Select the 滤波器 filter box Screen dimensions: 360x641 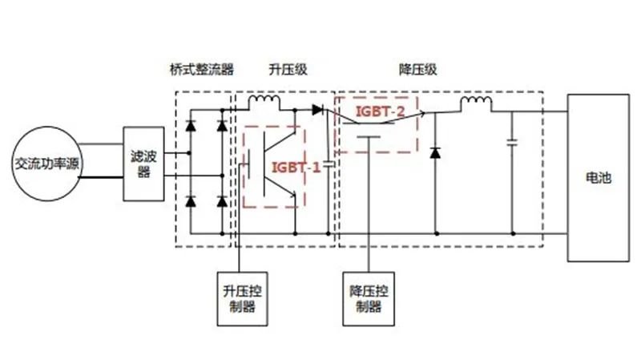click(143, 163)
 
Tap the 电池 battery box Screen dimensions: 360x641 click(599, 178)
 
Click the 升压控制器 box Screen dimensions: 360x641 click(243, 297)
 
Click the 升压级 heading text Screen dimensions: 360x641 click(288, 70)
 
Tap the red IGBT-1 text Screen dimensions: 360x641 click(296, 167)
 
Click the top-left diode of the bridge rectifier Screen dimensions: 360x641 click(191, 126)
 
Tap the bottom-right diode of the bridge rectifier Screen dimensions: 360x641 click(222, 200)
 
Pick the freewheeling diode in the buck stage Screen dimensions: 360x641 click(435, 152)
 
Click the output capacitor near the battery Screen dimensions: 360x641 click(511, 144)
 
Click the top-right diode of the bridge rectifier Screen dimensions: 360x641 click(222, 126)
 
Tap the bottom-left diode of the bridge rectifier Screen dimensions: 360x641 click(191, 200)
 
